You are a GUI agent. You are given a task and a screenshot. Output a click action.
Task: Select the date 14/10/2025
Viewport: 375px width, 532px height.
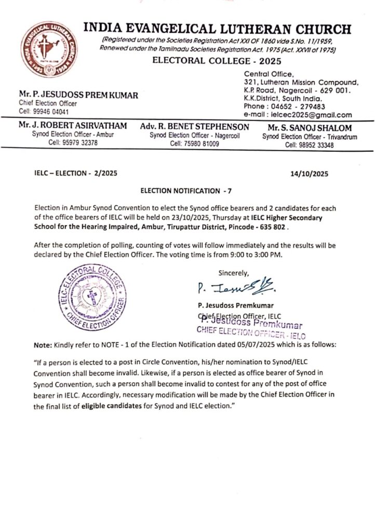[310, 175]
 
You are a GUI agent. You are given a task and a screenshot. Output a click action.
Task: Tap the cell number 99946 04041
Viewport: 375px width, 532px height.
[44, 112]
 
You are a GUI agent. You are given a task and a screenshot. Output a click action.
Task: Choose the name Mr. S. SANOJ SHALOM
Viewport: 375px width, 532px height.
[302, 128]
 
